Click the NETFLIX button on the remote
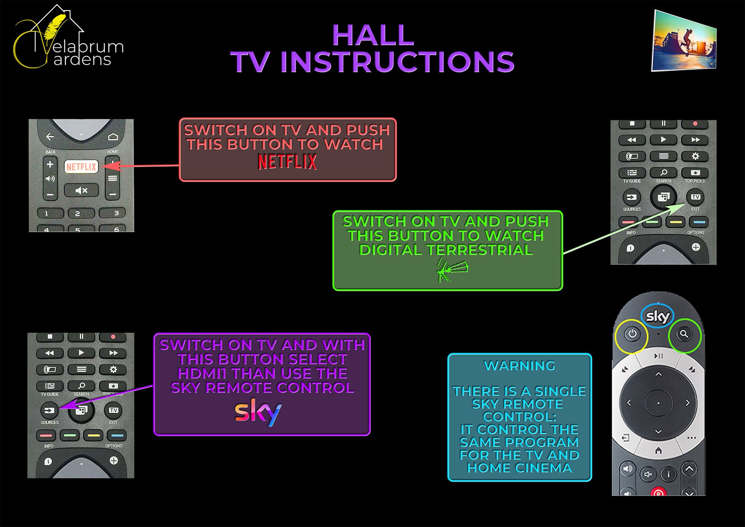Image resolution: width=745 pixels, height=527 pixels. click(81, 166)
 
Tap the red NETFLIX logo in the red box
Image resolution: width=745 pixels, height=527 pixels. click(287, 162)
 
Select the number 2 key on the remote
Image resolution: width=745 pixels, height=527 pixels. click(78, 213)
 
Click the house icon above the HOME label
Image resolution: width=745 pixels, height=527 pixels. click(113, 137)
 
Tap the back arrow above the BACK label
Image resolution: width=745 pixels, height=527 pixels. click(50, 137)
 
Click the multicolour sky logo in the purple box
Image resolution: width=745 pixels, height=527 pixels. click(258, 412)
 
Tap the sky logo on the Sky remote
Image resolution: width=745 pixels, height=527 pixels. click(657, 317)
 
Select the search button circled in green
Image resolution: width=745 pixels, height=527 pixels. click(684, 334)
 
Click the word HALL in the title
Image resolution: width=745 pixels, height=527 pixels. click(373, 35)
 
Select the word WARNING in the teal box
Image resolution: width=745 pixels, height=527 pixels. click(519, 366)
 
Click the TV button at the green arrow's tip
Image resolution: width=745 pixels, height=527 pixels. click(695, 197)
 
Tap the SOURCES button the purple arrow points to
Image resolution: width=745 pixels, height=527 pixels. click(49, 410)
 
